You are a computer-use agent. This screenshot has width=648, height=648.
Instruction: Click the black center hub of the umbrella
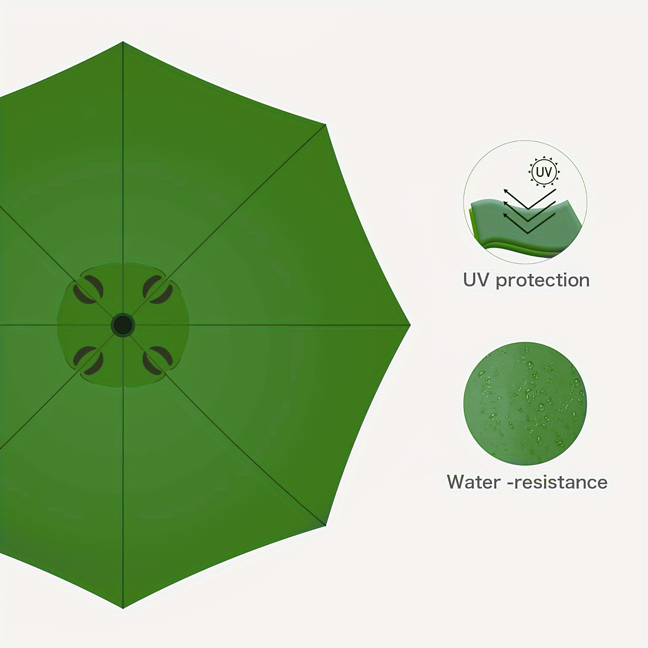(x=123, y=324)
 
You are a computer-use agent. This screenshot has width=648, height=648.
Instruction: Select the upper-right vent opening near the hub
(x=158, y=289)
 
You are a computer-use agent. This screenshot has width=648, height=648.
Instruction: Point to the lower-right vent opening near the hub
(x=158, y=360)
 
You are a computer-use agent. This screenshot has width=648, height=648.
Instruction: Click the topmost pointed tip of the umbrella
(x=123, y=42)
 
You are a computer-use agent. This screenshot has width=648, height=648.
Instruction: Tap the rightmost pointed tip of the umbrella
(x=410, y=325)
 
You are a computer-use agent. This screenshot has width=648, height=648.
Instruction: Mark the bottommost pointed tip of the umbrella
(x=123, y=608)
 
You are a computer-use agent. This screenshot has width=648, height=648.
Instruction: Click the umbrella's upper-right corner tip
(x=325, y=124)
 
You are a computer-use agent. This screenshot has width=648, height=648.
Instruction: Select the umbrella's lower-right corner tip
(x=325, y=525)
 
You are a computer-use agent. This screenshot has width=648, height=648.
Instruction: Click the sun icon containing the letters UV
(x=544, y=172)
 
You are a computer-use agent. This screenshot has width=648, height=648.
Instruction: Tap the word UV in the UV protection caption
(x=476, y=280)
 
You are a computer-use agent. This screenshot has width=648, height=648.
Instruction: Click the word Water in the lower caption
(x=474, y=482)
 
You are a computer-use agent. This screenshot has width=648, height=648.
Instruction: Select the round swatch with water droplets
(x=525, y=403)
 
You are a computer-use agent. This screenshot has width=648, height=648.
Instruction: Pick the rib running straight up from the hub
(x=123, y=177)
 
